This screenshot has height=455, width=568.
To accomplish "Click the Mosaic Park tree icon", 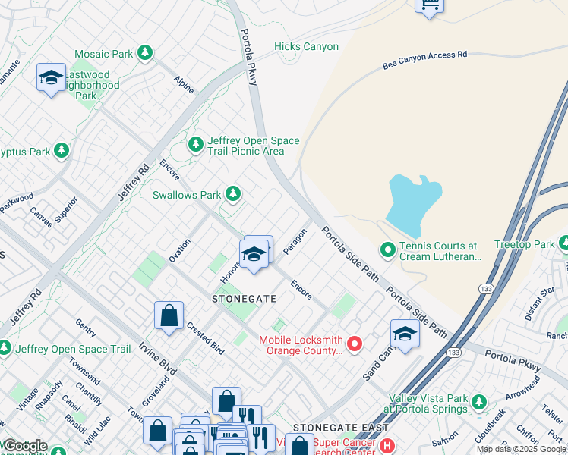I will coord(144,54).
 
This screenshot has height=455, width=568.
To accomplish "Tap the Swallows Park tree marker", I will coord(233,195).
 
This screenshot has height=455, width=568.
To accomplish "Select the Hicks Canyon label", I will coord(306,46).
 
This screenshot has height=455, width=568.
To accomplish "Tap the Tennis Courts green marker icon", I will coord(387,249).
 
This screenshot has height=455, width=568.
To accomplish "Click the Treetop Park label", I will coord(524,244).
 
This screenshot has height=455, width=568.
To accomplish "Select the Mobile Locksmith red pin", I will coord(354,345).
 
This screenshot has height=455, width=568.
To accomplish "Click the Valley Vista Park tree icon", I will coord(478,401).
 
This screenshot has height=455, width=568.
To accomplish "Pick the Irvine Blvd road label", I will coord(157,359).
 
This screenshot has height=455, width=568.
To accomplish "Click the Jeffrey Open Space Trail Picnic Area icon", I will coord(196,143).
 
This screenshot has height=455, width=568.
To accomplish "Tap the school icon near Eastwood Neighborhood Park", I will coord(51,77).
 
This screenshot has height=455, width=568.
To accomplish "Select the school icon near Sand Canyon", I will coord(405,334).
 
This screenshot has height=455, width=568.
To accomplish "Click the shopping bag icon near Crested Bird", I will coord(169,315).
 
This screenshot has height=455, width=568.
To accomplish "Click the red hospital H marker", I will coord(387,445).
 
